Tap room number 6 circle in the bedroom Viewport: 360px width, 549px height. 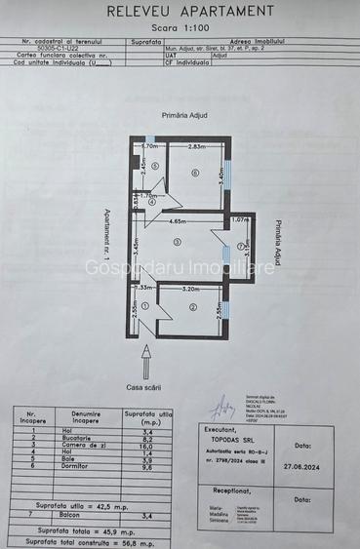click(195, 174)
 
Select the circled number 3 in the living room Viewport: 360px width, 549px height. click(177, 241)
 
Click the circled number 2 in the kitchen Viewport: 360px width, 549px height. click(193, 308)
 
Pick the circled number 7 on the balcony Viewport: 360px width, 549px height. click(240, 247)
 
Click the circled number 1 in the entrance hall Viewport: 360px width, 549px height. click(144, 306)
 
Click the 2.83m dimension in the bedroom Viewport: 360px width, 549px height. click(196, 146)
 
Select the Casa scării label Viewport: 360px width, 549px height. click(146, 388)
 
